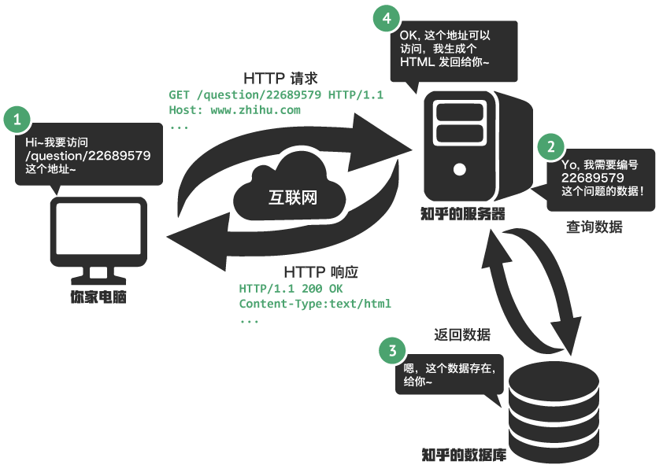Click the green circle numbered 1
[17, 120]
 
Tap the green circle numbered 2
[550, 146]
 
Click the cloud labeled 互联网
[291, 189]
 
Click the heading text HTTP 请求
[280, 79]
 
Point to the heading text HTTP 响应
[320, 272]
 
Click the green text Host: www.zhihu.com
[235, 110]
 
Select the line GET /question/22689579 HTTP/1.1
[276, 95]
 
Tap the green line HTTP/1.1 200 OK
[291, 289]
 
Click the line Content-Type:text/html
[315, 304]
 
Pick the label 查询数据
[594, 227]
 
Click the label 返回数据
[462, 334]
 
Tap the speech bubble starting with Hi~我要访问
[88, 155]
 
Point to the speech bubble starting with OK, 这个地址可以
[455, 50]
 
